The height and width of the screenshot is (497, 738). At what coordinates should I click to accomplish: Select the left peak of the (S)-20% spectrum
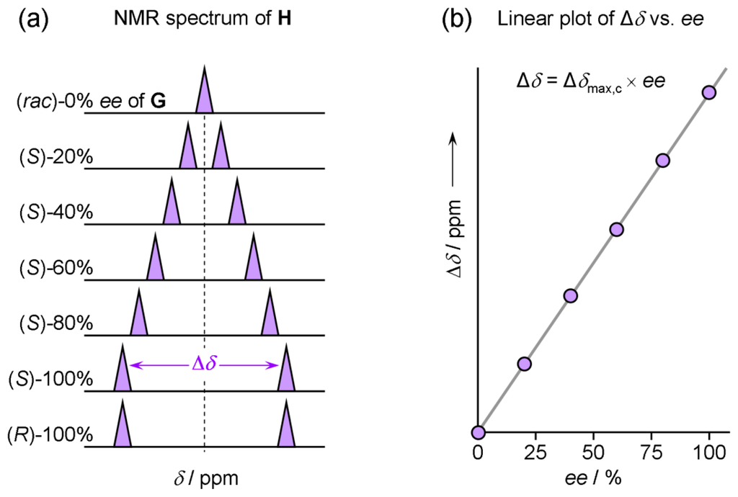coord(188,150)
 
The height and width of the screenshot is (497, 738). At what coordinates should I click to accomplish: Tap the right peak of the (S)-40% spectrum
coord(237,205)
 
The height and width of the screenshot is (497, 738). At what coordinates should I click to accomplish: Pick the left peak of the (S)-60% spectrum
coord(155,261)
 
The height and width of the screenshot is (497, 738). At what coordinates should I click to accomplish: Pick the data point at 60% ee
coord(616,229)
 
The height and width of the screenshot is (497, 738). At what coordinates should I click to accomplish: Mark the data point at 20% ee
coord(524,364)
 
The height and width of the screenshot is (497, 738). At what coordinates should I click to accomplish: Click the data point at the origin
coord(479,432)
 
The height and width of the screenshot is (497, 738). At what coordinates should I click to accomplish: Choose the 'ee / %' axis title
coord(592,479)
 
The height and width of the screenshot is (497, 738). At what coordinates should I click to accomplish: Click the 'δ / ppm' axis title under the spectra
coord(205,478)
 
